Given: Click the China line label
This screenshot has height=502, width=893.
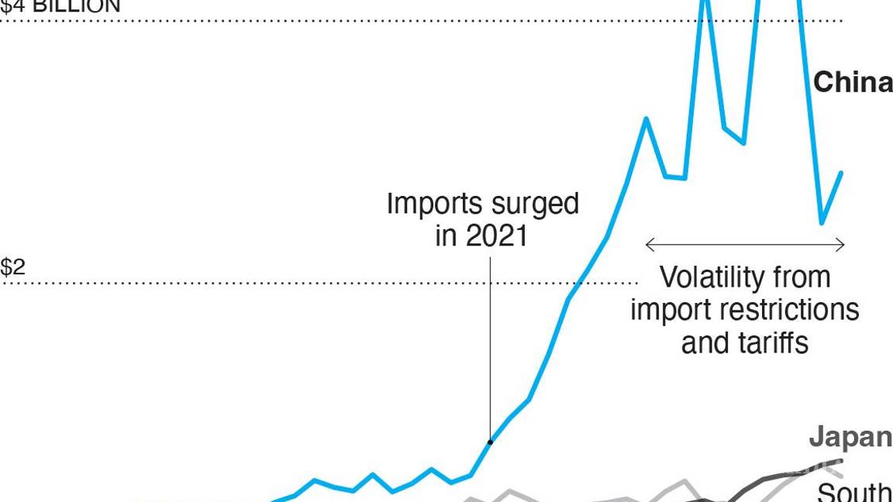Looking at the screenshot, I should click(x=852, y=82).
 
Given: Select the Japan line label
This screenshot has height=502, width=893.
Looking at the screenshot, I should click(x=850, y=437).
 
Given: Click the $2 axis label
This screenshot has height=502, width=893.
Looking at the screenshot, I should click(x=12, y=267).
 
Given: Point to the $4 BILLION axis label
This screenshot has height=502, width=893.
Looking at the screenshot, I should click(x=60, y=6).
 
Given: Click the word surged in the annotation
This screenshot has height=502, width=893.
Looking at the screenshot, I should click(x=536, y=204).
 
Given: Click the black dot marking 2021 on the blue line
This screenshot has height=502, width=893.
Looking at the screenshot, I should click(x=490, y=442).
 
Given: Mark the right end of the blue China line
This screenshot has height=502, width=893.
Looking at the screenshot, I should click(x=841, y=173).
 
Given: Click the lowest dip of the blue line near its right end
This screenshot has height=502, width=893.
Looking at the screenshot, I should click(x=822, y=223).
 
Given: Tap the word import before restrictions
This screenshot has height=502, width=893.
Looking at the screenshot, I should click(x=667, y=309).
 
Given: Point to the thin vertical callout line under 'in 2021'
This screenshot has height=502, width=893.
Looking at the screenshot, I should click(x=490, y=349).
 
